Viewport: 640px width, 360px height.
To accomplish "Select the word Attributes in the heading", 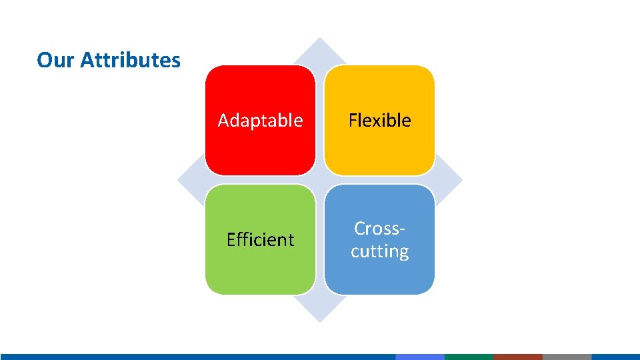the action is tap(130, 60).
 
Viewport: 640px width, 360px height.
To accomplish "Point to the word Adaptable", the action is tap(260, 121).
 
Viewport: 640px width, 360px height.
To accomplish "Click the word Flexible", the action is tap(379, 121).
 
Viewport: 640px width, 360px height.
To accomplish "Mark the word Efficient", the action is tap(260, 239).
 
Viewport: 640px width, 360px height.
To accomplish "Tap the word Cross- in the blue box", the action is tap(379, 229).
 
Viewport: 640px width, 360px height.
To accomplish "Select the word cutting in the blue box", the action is tap(379, 251).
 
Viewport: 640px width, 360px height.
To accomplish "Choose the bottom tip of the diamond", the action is tap(320, 320).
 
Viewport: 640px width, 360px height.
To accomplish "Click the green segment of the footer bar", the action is tap(469, 357).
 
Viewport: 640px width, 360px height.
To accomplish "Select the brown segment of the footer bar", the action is tap(518, 357).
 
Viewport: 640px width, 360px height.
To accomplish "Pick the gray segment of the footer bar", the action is tap(567, 357).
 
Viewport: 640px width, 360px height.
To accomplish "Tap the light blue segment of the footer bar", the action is tap(420, 357).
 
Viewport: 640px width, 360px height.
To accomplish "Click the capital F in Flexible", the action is tap(353, 121).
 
